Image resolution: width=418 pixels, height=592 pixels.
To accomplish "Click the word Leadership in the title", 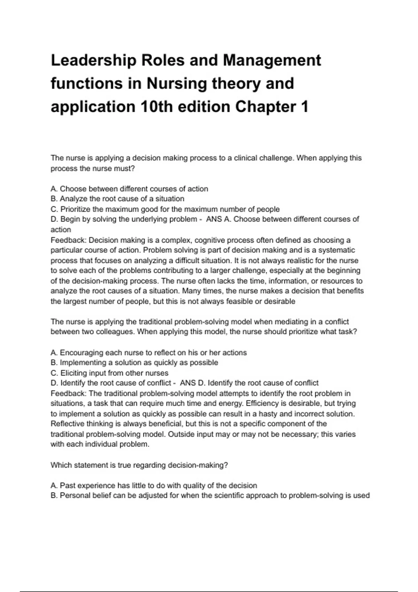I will click(x=93, y=61).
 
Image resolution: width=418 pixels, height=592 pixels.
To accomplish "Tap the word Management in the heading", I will click(x=272, y=61).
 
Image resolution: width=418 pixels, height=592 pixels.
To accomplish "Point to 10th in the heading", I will click(x=157, y=107).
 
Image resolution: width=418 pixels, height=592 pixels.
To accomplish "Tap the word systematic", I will click(x=336, y=250).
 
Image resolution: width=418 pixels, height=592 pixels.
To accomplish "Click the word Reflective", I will click(x=68, y=424).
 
